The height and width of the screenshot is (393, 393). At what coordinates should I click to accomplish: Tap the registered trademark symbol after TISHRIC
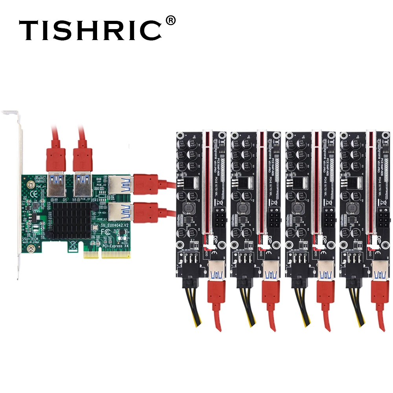click(170, 20)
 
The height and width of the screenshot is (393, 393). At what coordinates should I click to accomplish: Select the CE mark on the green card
click(34, 193)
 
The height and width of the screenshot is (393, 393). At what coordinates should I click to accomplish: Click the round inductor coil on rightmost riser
click(353, 208)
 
